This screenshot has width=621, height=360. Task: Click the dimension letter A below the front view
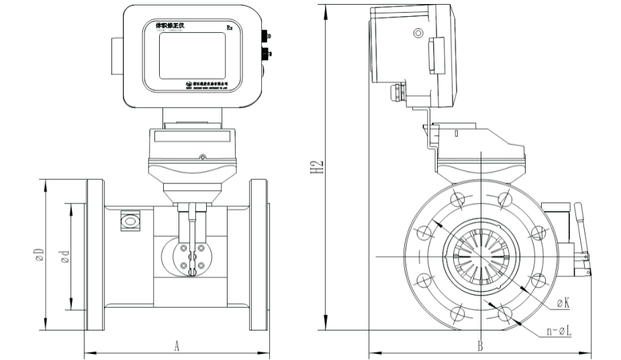177,345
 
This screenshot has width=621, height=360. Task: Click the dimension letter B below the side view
480,346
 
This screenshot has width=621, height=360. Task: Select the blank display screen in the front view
191,55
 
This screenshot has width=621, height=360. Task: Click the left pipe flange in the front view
94,255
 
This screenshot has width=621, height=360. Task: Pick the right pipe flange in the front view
259,255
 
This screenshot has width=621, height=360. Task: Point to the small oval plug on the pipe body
129,220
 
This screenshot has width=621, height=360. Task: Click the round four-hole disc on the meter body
191,259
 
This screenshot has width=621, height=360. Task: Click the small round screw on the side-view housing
419,32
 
